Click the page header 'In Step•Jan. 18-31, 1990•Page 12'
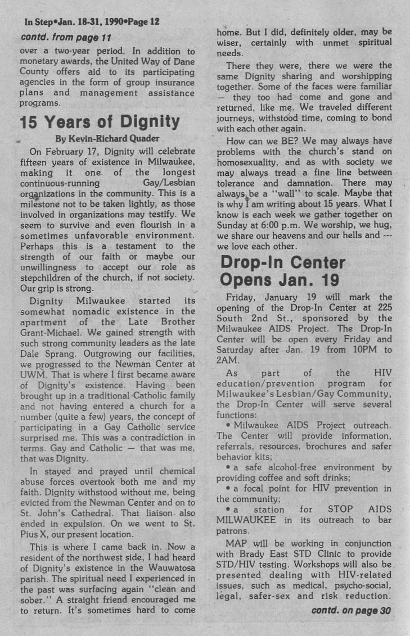click(92, 22)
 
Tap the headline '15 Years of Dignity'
click(100, 121)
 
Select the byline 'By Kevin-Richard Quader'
click(108, 138)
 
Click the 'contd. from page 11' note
click(66, 38)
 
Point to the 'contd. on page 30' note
click(351, 610)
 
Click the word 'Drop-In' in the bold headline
click(255, 262)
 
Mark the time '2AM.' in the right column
click(229, 360)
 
